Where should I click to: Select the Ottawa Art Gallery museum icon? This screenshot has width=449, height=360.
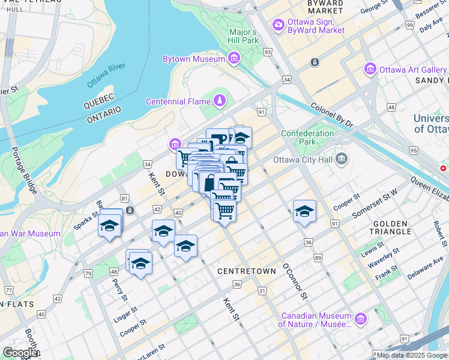(x=370, y=70)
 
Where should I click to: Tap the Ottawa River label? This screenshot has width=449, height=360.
(x=105, y=76)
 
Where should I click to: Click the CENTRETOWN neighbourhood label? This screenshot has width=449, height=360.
(x=247, y=271)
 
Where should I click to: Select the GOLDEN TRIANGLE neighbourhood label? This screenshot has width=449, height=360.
(x=391, y=227)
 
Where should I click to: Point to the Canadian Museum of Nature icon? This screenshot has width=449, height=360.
(x=360, y=319)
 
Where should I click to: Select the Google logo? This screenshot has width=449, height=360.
(x=20, y=353)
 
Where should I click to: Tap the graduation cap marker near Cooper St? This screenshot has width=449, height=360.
(x=305, y=211)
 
